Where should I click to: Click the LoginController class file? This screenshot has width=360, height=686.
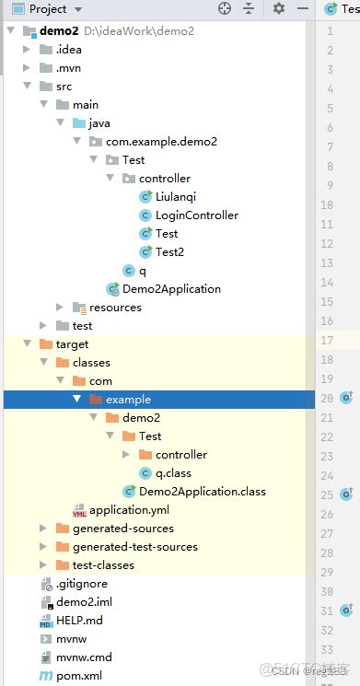196,215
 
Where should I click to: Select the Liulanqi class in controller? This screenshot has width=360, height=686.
176,196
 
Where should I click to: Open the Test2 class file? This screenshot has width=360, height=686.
169,251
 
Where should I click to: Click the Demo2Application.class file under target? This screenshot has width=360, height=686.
202,491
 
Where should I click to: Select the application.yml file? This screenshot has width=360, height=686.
129,509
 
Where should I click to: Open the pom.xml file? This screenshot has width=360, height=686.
80,675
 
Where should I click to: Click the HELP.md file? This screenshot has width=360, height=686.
79,620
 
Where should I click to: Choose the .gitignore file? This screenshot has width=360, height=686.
82,583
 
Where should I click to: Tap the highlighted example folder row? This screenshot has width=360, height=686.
128,399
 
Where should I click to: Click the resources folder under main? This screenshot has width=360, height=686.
115,307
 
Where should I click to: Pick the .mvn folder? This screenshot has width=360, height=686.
69,67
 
